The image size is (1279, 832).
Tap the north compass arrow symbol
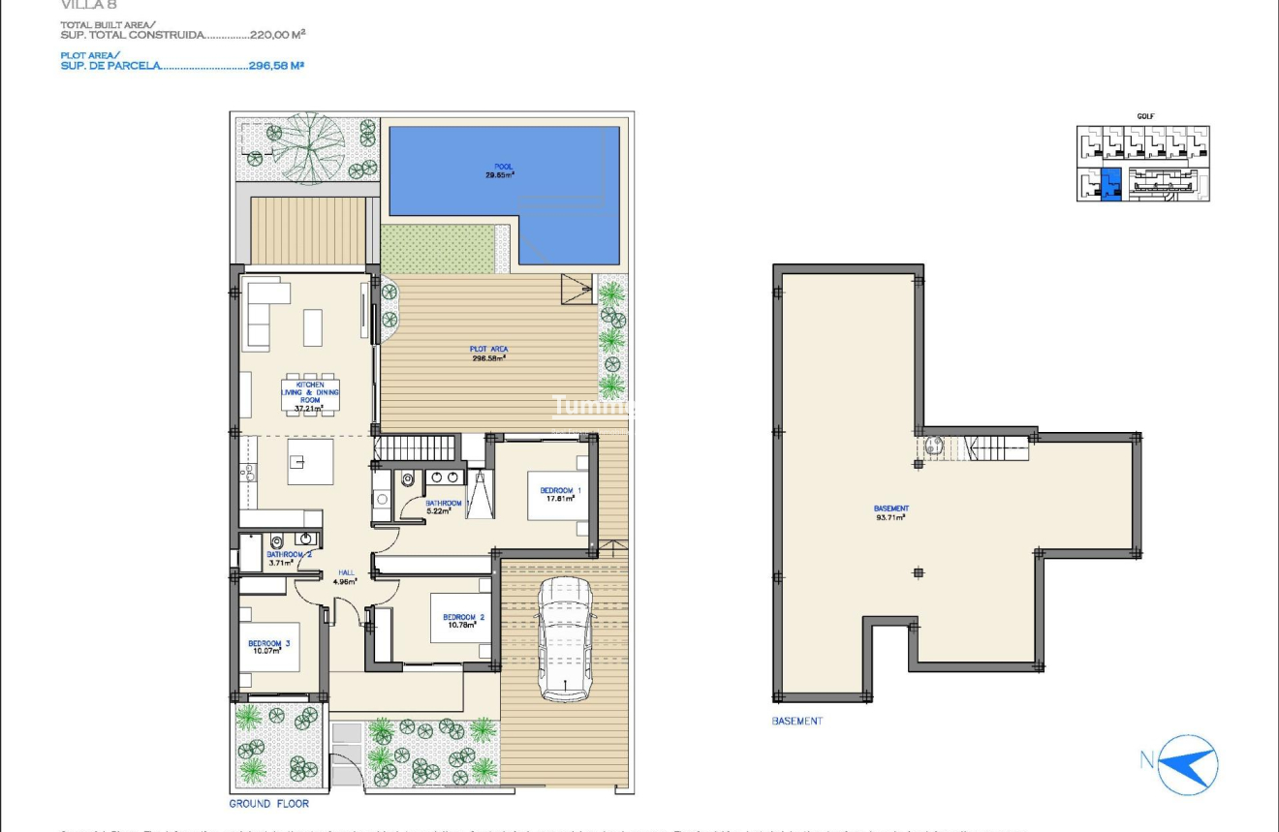(x=1187, y=762)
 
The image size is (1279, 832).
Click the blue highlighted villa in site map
(x=1111, y=183)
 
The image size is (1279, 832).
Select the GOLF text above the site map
(x=1145, y=116)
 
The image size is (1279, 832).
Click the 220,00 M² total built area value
(x=277, y=34)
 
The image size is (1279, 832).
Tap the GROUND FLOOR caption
(x=269, y=804)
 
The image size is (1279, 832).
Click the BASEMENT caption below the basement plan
(x=796, y=721)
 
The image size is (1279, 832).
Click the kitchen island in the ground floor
(x=310, y=462)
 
